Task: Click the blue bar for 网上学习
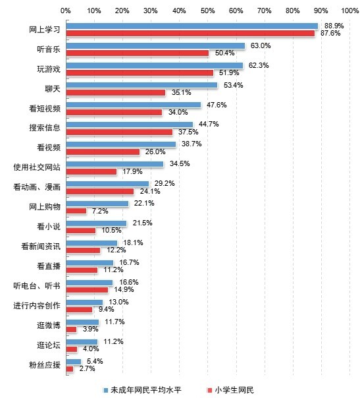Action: pyautogui.click(x=192, y=26)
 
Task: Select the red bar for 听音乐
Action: pyautogui.click(x=138, y=53)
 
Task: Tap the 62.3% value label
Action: pyautogui.click(x=259, y=65)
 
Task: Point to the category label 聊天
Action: pyautogui.click(x=53, y=89)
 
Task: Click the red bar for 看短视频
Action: pyautogui.click(x=114, y=112)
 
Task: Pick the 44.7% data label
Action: pyautogui.click(x=209, y=124)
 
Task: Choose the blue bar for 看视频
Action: pyautogui.click(x=121, y=144)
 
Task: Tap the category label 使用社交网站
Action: pyautogui.click(x=37, y=167)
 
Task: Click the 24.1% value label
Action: pyautogui.click(x=150, y=191)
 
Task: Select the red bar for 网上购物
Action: pyautogui.click(x=76, y=211)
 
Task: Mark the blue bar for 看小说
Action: pyautogui.click(x=96, y=223)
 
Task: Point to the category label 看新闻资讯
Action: pyautogui.click(x=41, y=246)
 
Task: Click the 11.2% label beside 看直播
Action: pyautogui.click(x=113, y=270)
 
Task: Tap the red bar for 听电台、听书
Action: pyautogui.click(x=88, y=290)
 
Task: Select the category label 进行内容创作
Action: pyautogui.click(x=37, y=306)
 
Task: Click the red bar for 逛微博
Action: pyautogui.click(x=72, y=329)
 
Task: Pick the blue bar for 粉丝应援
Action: pyautogui.click(x=74, y=362)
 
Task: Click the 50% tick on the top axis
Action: pyautogui.click(x=207, y=11)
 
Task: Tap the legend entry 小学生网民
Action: pyautogui.click(x=230, y=390)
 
